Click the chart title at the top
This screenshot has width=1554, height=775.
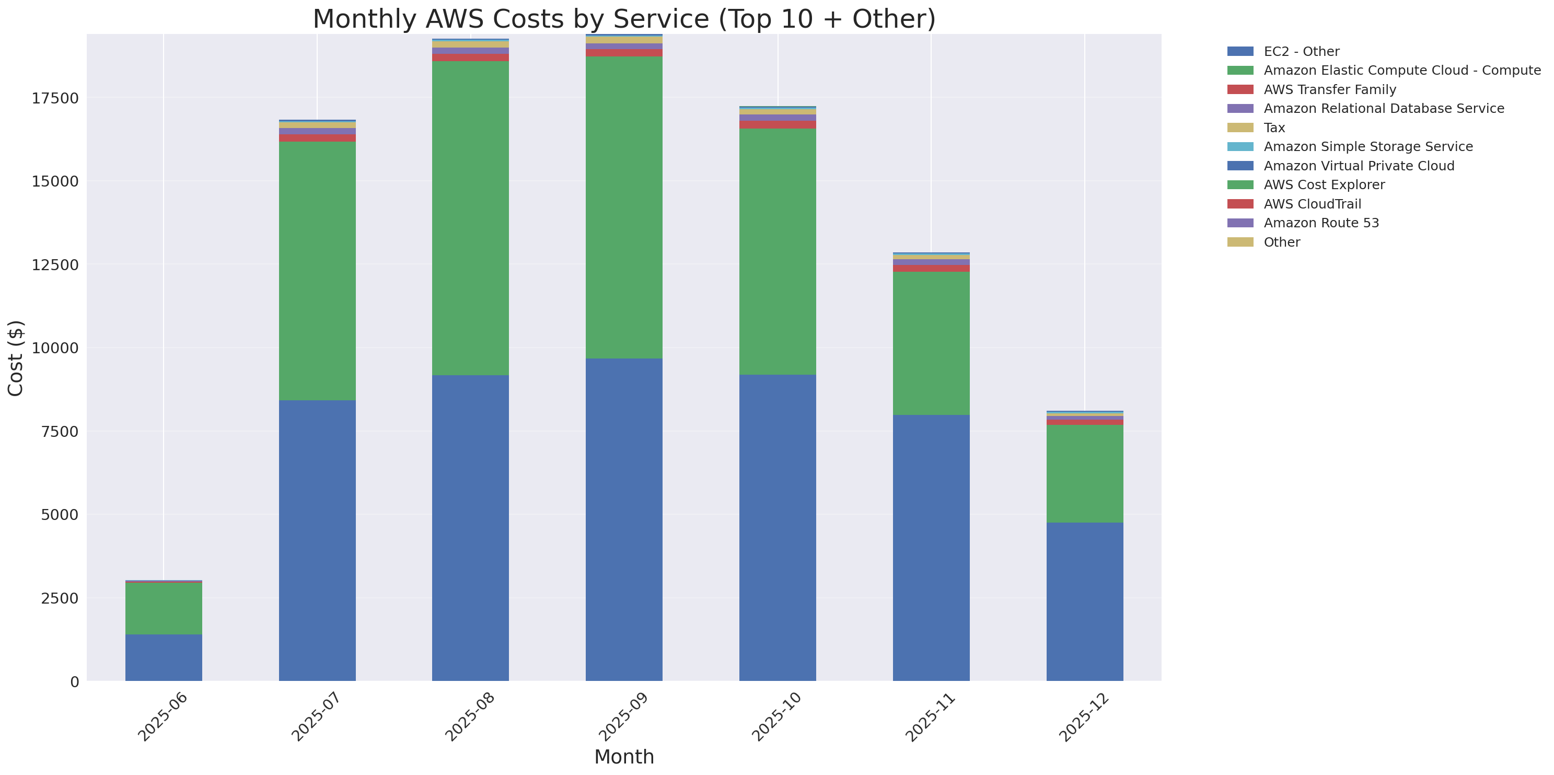624,19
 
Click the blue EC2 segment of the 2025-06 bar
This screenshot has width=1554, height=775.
164,657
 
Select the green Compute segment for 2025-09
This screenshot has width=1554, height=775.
624,207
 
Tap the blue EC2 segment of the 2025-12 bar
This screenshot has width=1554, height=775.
1084,602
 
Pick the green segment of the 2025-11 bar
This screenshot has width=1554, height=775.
931,343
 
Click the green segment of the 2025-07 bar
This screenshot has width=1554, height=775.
317,271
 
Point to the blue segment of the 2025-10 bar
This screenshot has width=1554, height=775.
777,528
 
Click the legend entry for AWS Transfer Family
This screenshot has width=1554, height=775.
1330,90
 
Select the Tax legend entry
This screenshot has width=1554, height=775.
1274,128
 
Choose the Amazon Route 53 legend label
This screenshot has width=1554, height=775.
1321,223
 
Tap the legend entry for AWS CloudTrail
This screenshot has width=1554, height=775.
1312,204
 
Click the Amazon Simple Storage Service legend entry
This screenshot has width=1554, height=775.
1367,146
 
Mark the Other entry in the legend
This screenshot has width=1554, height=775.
1281,242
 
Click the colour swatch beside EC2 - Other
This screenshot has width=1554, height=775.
1240,52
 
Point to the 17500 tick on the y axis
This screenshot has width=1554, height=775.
55,98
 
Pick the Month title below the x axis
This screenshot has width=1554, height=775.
624,757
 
